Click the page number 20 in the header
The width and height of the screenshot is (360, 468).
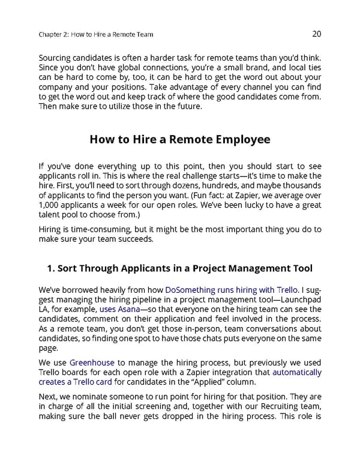[317, 34]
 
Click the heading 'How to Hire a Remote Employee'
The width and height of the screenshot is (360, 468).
[179, 139]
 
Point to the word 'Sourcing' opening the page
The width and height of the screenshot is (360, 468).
[58, 58]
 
